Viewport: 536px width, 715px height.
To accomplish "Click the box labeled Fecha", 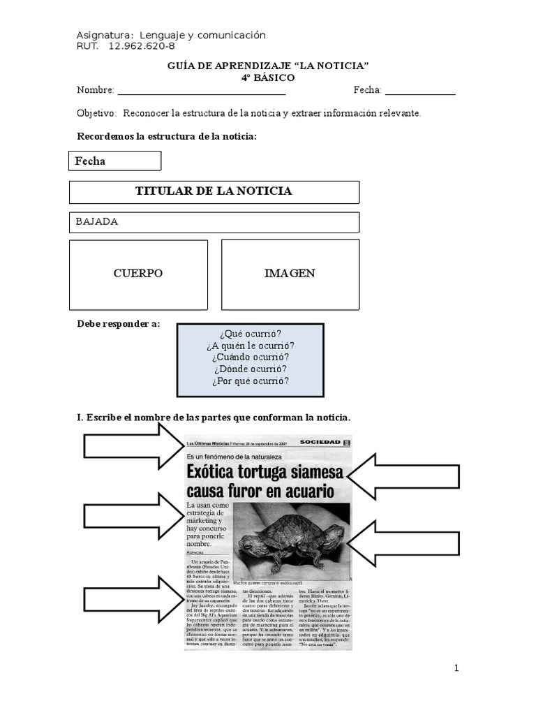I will pyautogui.click(x=115, y=161).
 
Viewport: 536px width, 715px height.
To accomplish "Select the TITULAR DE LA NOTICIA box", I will pyautogui.click(x=214, y=191).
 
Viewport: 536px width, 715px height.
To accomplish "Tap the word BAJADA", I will pyautogui.click(x=97, y=221).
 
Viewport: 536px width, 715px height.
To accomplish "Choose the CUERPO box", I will pyautogui.click(x=138, y=274).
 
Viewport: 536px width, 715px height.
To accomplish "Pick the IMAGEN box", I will pyautogui.click(x=290, y=274).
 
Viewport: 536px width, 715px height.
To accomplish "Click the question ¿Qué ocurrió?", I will pyautogui.click(x=250, y=334).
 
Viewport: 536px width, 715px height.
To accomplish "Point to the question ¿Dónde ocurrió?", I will pyautogui.click(x=250, y=369).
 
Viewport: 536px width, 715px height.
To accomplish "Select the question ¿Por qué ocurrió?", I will pyautogui.click(x=250, y=381).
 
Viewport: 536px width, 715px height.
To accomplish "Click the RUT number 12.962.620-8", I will pyautogui.click(x=142, y=46).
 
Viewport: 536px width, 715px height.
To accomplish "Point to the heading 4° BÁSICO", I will pyautogui.click(x=268, y=78).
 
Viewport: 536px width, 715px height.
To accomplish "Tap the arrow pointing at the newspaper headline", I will pyautogui.click(x=403, y=476).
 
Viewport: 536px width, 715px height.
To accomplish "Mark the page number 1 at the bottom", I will pyautogui.click(x=456, y=668).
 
